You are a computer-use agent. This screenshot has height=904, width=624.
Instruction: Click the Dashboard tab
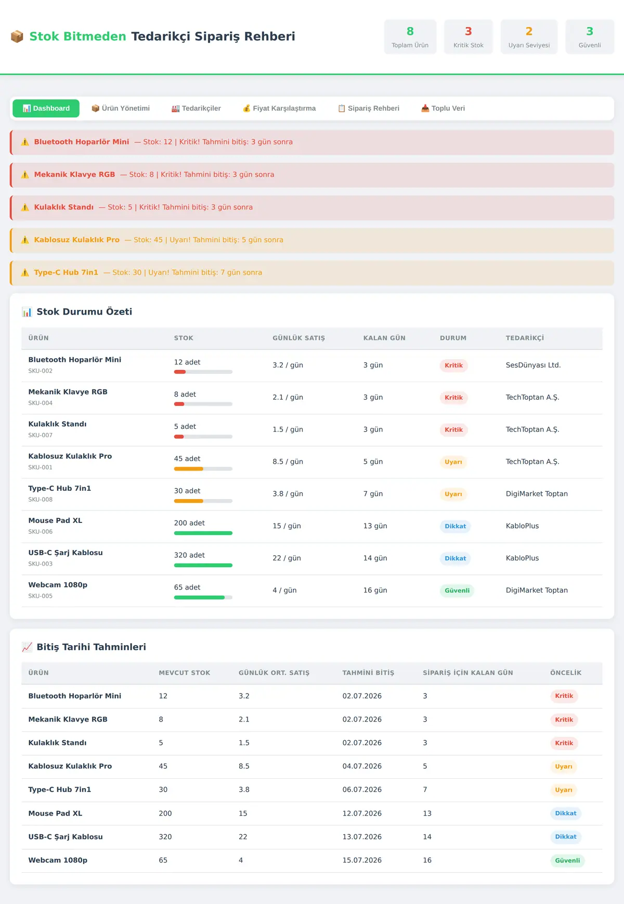[x=46, y=108]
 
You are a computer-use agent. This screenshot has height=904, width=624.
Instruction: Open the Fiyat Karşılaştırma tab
[x=279, y=108]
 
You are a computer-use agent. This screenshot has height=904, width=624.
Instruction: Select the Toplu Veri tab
[x=443, y=108]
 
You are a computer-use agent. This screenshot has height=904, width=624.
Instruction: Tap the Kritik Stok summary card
[x=469, y=37]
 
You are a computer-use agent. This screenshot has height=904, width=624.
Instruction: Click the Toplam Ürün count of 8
[x=410, y=31]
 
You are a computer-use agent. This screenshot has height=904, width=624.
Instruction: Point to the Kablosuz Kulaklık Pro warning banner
[x=312, y=240]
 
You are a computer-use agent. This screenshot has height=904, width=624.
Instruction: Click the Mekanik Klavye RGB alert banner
[x=312, y=175]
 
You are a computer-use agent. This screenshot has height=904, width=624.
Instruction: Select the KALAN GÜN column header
[x=384, y=338]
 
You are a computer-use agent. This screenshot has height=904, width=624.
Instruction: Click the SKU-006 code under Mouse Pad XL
[x=41, y=532]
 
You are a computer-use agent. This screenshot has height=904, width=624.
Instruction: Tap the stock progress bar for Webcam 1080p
[x=203, y=598]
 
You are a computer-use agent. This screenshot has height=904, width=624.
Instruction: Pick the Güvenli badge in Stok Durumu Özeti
[x=457, y=591]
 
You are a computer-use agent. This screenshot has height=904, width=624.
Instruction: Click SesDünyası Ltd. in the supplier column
[x=533, y=365]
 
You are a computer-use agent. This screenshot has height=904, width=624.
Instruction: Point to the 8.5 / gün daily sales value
[x=288, y=462]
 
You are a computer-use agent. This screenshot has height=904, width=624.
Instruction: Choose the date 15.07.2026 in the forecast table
[x=362, y=860]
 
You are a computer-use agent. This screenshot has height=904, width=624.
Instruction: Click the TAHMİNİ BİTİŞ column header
[x=368, y=673]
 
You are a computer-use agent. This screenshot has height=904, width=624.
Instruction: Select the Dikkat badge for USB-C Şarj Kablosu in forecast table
[x=566, y=837]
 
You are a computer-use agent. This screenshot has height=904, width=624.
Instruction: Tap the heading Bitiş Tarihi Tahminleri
[x=92, y=647]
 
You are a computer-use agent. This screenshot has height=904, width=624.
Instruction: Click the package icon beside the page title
[x=17, y=36]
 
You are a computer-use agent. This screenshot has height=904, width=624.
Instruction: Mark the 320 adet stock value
[x=189, y=555]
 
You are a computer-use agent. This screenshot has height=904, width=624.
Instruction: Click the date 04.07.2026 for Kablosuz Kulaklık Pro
[x=362, y=766]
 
